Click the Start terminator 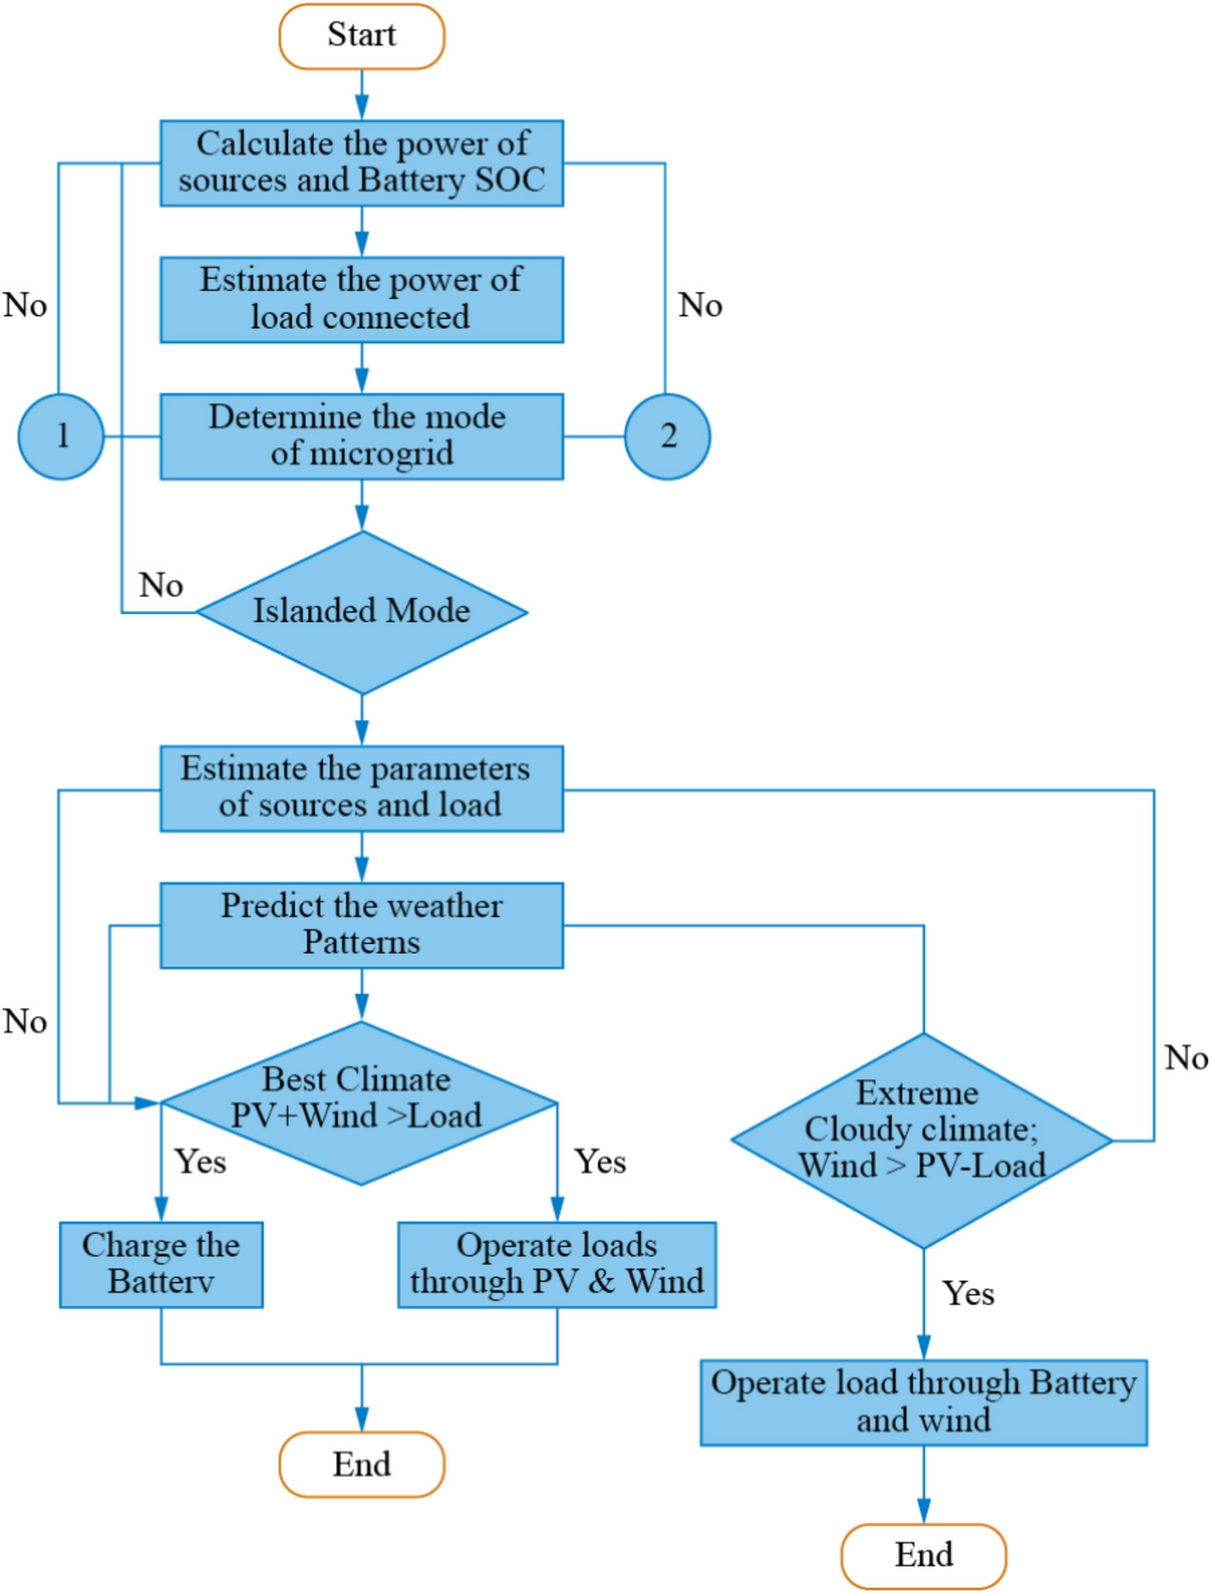[362, 37]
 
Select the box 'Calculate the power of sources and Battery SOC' [362, 163]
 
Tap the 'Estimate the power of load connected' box [362, 300]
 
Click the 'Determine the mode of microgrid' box [362, 436]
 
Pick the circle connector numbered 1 [61, 436]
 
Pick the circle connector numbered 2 [668, 436]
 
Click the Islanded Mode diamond [362, 612]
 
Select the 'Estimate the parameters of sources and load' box [362, 789]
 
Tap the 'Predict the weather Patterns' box [362, 925]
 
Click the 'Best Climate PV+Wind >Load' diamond [359, 1103]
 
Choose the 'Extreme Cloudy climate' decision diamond [922, 1141]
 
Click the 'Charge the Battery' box [161, 1265]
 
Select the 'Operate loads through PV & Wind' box [557, 1265]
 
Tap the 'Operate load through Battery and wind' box [924, 1403]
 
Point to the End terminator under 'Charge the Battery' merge [362, 1464]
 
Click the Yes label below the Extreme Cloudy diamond [968, 1294]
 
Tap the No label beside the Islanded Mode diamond [161, 585]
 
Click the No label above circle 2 [700, 305]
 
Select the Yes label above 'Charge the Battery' [200, 1162]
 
